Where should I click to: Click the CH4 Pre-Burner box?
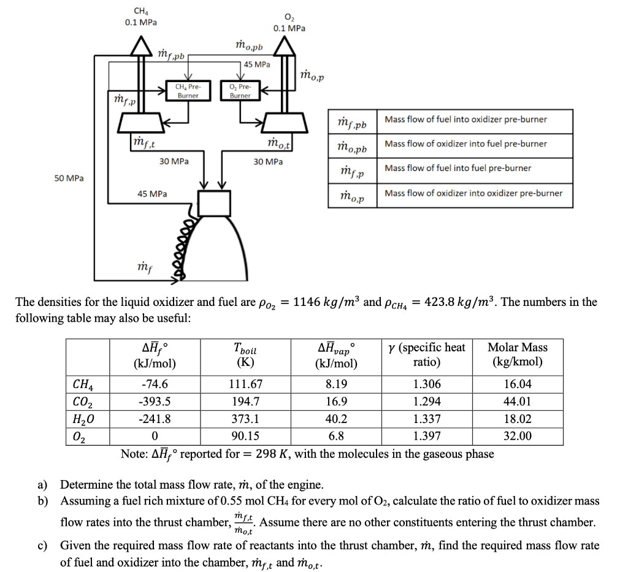pyautogui.click(x=188, y=91)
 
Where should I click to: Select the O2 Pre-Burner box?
pyautogui.click(x=240, y=91)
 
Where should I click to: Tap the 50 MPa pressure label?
pyautogui.click(x=69, y=178)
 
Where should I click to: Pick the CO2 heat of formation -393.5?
pyautogui.click(x=155, y=402)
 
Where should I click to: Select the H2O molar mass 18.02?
pyautogui.click(x=517, y=419)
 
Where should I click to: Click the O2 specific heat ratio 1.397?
pyautogui.click(x=426, y=437)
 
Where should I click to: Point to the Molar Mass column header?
pyautogui.click(x=517, y=354)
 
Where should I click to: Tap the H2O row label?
pyautogui.click(x=83, y=419)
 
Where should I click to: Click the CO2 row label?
pyautogui.click(x=83, y=402)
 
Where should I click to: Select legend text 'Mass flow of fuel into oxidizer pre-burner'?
pyautogui.click(x=466, y=120)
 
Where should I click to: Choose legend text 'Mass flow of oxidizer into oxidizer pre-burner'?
pyautogui.click(x=473, y=193)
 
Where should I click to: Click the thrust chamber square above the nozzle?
pyautogui.click(x=213, y=203)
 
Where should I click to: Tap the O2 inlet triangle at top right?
pyautogui.click(x=284, y=45)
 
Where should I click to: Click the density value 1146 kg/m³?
pyautogui.click(x=327, y=302)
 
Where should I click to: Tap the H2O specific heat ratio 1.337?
pyautogui.click(x=426, y=419)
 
